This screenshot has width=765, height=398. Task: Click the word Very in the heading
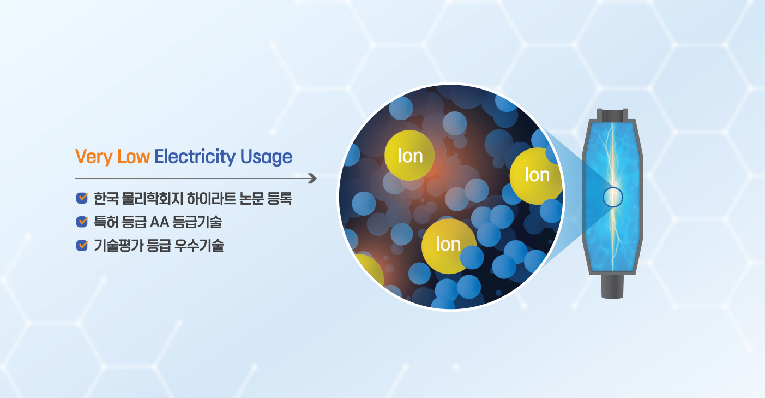tap(94, 157)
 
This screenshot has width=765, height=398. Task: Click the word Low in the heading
tap(134, 156)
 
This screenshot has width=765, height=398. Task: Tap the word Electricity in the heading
tap(195, 157)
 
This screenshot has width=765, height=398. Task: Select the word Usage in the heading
tap(266, 157)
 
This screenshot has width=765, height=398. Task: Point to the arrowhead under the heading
tap(312, 179)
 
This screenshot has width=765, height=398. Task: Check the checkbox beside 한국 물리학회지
tap(82, 198)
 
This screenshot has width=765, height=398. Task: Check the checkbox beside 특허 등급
tap(82, 222)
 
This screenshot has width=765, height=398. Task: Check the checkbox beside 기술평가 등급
tap(82, 245)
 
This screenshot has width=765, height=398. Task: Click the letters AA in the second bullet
tap(160, 222)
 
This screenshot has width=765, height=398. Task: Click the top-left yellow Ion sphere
tap(409, 156)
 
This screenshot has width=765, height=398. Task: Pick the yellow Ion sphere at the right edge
tap(535, 176)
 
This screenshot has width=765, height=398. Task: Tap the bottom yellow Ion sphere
tap(448, 246)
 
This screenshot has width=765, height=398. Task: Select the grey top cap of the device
tap(612, 115)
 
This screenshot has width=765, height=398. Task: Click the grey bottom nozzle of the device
tap(612, 287)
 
